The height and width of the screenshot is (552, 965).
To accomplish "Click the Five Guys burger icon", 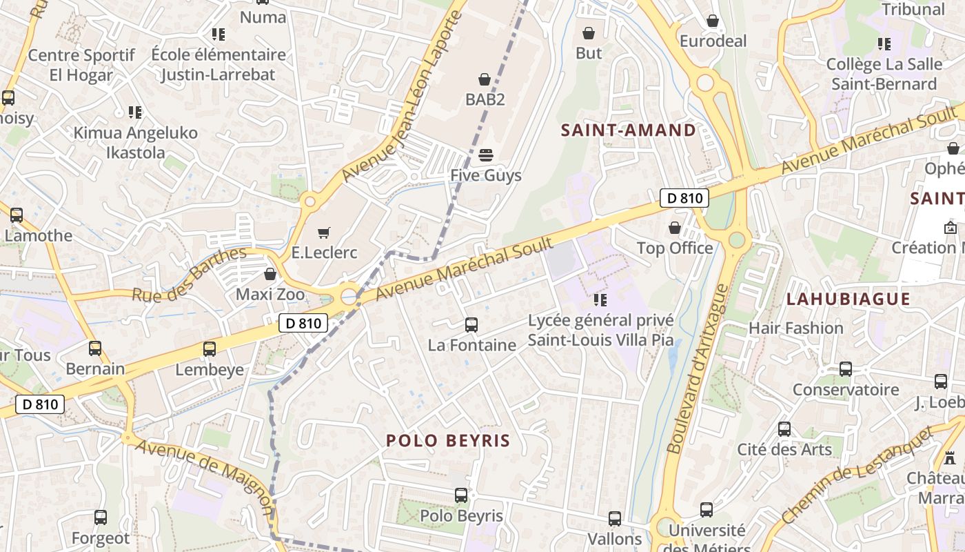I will coord(486,155).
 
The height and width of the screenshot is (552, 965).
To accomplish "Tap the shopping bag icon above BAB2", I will coord(485,79).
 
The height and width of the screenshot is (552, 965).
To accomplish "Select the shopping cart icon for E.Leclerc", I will coord(324,233).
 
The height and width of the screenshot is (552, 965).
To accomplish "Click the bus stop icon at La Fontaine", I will coord(471,324).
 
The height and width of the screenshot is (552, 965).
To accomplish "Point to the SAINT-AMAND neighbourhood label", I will coord(628,130).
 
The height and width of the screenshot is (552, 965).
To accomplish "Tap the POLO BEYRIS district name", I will coord(448,441).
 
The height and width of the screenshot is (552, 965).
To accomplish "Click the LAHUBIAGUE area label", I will coord(849,299).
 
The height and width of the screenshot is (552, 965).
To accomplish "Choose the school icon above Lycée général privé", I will coord(600,300).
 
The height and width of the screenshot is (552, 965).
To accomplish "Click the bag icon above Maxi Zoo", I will coord(270,274).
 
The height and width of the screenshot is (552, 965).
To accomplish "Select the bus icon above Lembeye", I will coord(210,349).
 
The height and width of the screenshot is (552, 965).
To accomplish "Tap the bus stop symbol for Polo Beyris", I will coord(461,495).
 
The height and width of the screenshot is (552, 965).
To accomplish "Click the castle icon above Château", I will coord(950,457).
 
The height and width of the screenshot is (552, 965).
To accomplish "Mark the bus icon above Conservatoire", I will coord(846,369).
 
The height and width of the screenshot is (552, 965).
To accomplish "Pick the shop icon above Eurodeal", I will coord(713,21).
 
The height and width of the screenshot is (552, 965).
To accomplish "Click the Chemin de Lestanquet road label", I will coord(858,484).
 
